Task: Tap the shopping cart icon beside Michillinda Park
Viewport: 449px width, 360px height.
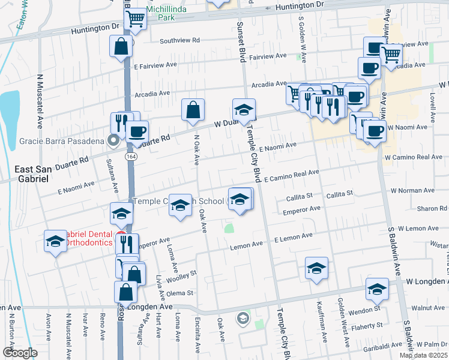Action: [x=136, y=19]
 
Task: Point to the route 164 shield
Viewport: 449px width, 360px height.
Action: [x=130, y=156]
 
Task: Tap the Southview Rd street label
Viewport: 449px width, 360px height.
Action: [x=180, y=41]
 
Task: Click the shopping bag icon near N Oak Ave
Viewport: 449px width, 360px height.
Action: [x=193, y=110]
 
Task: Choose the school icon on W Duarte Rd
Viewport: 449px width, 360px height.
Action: [x=244, y=110]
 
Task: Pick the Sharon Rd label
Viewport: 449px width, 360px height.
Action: [x=432, y=208]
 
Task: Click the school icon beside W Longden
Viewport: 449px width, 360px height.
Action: [x=377, y=290]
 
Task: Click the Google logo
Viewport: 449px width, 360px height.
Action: [x=19, y=353]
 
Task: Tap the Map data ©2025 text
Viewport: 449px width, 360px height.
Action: [x=423, y=355]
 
